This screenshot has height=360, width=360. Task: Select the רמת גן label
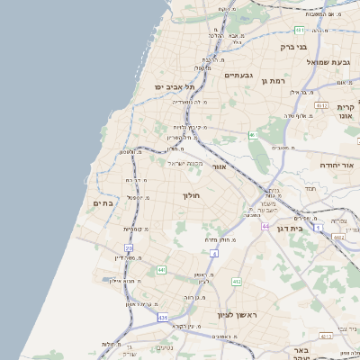(273, 82)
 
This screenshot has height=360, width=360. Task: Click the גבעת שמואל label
(327, 62)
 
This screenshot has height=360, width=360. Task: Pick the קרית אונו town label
(345, 112)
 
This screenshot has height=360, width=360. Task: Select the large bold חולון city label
(192, 195)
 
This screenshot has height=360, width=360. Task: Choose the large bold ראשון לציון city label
(237, 315)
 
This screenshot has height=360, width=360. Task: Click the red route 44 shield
(265, 226)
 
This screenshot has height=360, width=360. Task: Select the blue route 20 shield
(129, 247)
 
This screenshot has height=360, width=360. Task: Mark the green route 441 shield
(161, 270)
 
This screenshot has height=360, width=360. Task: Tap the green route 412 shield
(237, 282)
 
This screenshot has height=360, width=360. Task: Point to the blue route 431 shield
(162, 318)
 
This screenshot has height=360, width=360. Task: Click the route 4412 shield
(337, 237)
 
